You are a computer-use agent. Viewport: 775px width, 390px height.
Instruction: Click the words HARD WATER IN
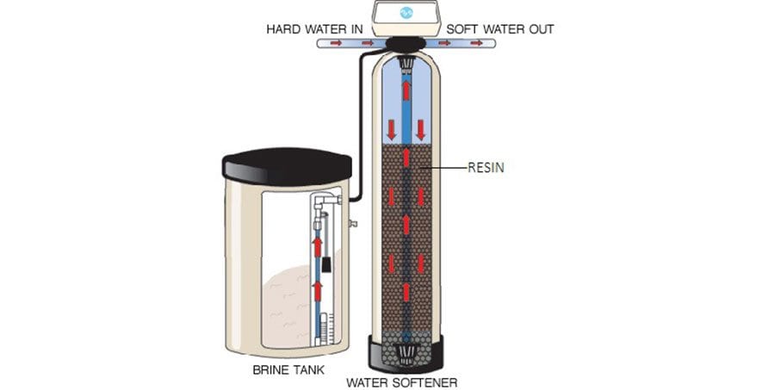pyautogui.click(x=314, y=29)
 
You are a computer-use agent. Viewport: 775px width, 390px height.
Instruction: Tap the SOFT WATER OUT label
pyautogui.click(x=499, y=29)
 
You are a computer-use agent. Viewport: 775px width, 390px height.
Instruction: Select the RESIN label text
pyautogui.click(x=486, y=168)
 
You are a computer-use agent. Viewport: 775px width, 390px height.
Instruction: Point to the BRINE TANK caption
pyautogui.click(x=288, y=369)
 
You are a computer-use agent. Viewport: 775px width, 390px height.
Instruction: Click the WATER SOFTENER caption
pyautogui.click(x=401, y=382)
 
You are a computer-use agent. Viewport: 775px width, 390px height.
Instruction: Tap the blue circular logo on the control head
pyautogui.click(x=406, y=13)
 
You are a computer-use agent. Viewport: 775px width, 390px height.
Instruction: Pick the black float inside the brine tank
pyautogui.click(x=326, y=264)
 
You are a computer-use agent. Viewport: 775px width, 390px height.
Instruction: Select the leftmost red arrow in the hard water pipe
pyautogui.click(x=336, y=44)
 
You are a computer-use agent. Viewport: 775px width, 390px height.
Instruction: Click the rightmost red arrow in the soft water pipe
pyautogui.click(x=476, y=44)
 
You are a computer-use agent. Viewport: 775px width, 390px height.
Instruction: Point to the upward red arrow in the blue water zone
pyautogui.click(x=406, y=90)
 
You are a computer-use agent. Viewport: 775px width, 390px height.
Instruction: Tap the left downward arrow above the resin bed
pyautogui.click(x=392, y=129)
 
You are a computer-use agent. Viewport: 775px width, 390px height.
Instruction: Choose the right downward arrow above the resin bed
pyautogui.click(x=420, y=129)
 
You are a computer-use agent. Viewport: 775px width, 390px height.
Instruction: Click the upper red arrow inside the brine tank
pyautogui.click(x=317, y=246)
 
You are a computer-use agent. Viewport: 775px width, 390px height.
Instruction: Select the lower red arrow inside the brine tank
pyautogui.click(x=317, y=291)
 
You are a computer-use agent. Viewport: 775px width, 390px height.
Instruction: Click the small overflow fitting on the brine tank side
pyautogui.click(x=353, y=224)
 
